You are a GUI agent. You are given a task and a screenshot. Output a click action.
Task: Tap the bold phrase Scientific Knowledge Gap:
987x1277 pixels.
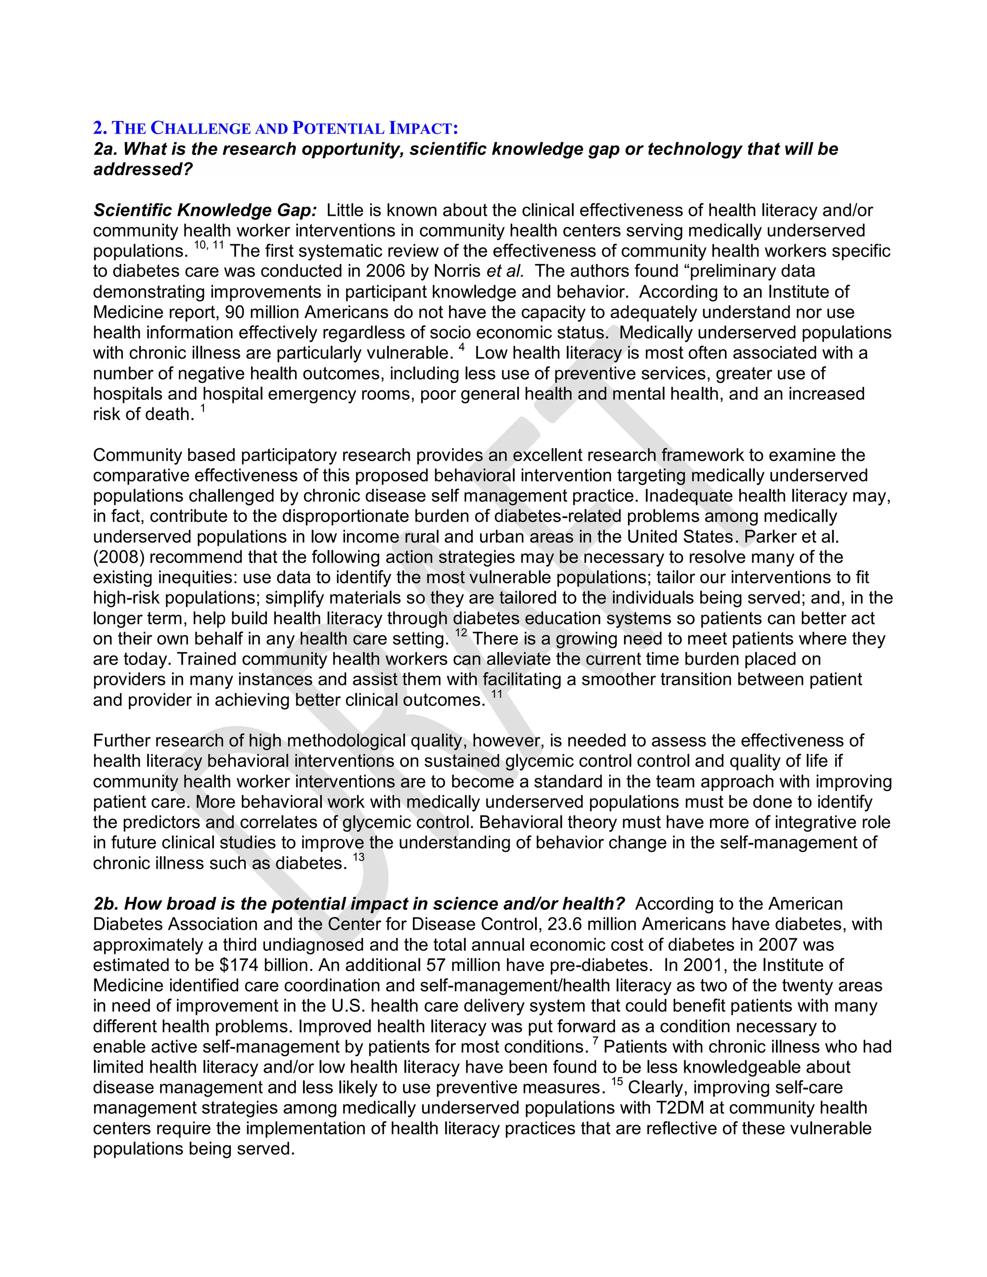(x=205, y=210)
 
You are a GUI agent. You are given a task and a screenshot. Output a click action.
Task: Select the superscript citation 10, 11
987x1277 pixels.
(x=209, y=246)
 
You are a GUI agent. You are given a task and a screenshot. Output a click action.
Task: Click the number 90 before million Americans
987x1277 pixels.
(x=235, y=312)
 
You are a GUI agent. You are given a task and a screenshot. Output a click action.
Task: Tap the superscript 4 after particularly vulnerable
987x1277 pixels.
(x=462, y=347)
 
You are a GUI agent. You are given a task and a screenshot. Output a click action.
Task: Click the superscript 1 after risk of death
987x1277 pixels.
(x=203, y=409)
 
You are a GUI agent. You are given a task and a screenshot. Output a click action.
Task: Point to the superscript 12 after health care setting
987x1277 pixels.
(x=461, y=633)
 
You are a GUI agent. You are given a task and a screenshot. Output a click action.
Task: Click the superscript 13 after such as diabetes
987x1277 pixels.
(x=359, y=857)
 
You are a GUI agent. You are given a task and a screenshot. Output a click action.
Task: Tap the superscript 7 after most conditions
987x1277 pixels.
(x=595, y=1041)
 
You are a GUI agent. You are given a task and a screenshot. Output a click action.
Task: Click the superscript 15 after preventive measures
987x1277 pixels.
(x=617, y=1082)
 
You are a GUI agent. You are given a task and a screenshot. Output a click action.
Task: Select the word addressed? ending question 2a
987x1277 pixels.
(x=143, y=170)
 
